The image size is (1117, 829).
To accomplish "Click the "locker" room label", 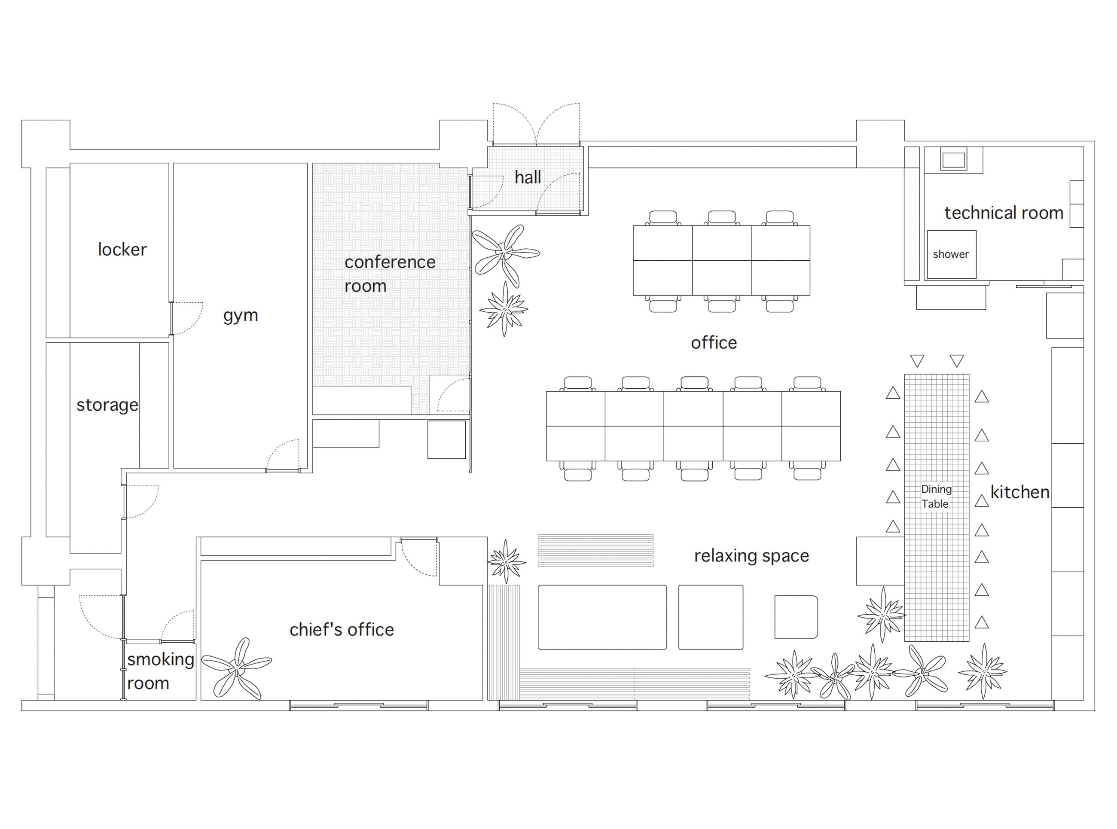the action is pyautogui.click(x=122, y=250).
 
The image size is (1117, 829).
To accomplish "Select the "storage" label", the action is pyautogui.click(x=107, y=405).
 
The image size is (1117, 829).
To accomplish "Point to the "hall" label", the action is pyautogui.click(x=528, y=177).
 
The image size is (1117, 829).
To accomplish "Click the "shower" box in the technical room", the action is pyautogui.click(x=952, y=254).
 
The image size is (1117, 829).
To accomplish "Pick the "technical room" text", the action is pyautogui.click(x=1004, y=213).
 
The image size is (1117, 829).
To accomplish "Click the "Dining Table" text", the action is pyautogui.click(x=936, y=496).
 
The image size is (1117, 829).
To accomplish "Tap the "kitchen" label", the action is pyautogui.click(x=1019, y=492).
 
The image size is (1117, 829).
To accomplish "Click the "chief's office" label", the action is pyautogui.click(x=341, y=629).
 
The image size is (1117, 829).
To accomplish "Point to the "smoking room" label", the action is pyautogui.click(x=160, y=671).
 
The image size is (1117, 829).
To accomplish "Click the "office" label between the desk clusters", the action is pyautogui.click(x=714, y=343).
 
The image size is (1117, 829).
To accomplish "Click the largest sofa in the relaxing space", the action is pyautogui.click(x=602, y=617).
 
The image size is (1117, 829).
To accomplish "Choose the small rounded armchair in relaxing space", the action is pyautogui.click(x=797, y=617).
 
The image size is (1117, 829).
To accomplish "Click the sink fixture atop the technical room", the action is pyautogui.click(x=953, y=160).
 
